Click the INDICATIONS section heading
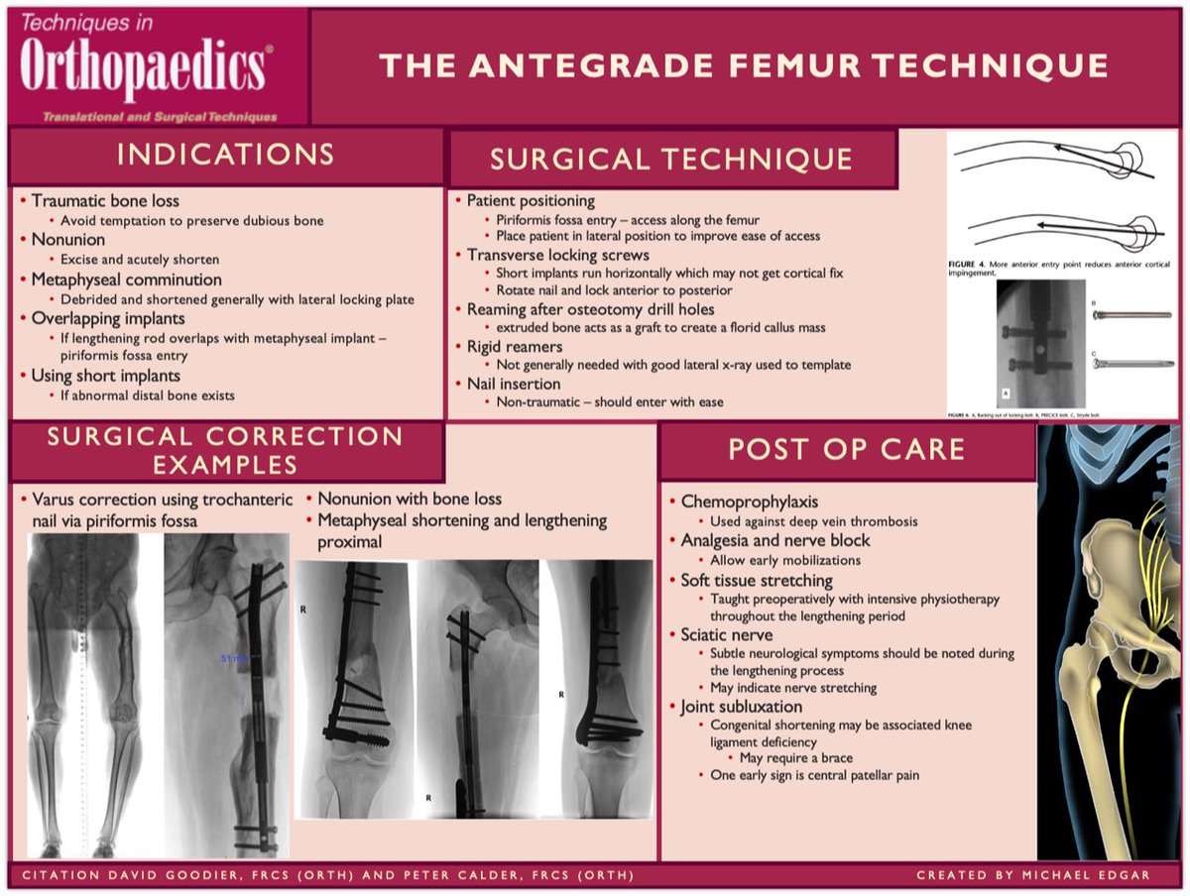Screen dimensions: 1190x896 click(225, 155)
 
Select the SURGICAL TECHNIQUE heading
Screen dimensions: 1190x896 click(671, 160)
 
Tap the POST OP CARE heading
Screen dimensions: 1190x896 click(846, 449)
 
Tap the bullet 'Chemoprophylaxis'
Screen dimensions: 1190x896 click(749, 502)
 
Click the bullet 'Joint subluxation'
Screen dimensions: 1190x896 click(741, 707)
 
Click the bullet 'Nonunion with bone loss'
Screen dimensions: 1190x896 click(410, 499)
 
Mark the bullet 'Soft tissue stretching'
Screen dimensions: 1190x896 click(756, 580)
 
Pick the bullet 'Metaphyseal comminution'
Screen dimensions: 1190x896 click(126, 280)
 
